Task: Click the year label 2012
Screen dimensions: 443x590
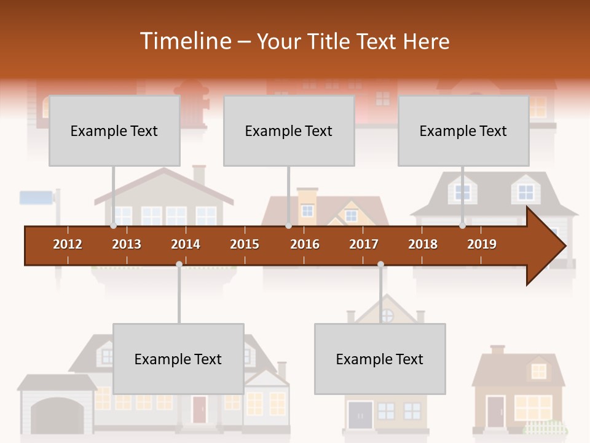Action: click(68, 244)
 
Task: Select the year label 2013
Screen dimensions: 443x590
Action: click(127, 244)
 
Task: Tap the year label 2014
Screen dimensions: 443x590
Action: click(186, 244)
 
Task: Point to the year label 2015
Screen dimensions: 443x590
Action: click(245, 244)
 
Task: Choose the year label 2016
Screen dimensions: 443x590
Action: click(305, 244)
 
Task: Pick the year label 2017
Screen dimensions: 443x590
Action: click(364, 244)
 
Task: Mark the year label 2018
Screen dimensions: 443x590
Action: click(423, 244)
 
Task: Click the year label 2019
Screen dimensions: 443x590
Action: click(482, 244)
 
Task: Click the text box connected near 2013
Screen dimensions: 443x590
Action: click(114, 130)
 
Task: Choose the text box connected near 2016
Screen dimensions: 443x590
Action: click(289, 130)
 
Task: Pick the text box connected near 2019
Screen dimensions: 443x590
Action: click(463, 130)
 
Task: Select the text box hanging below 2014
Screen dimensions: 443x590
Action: click(178, 359)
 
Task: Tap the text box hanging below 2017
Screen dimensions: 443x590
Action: click(380, 359)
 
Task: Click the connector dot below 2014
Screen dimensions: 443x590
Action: click(179, 264)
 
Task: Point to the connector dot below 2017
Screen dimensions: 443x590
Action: click(380, 264)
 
